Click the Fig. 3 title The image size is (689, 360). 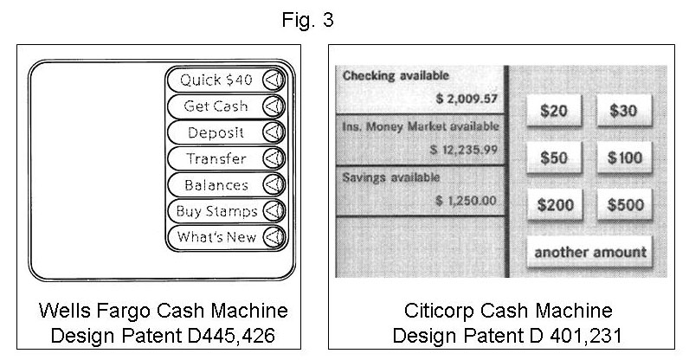click(307, 20)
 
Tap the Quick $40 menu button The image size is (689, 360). click(226, 80)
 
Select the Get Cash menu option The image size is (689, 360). click(226, 106)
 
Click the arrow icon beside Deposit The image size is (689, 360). click(274, 132)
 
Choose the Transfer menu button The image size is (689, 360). click(226, 158)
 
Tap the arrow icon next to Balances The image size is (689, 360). click(274, 184)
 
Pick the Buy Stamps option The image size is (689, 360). click(226, 210)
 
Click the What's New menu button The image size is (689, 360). click(226, 237)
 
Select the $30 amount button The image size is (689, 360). click(624, 110)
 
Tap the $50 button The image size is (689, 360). click(554, 157)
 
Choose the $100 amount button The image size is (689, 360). click(624, 157)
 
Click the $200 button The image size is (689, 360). click(555, 204)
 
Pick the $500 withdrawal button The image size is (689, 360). click(624, 204)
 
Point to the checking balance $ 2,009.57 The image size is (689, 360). click(467, 99)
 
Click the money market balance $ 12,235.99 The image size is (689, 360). click(464, 150)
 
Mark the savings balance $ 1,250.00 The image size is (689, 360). click(466, 201)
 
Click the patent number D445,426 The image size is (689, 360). click(231, 336)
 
